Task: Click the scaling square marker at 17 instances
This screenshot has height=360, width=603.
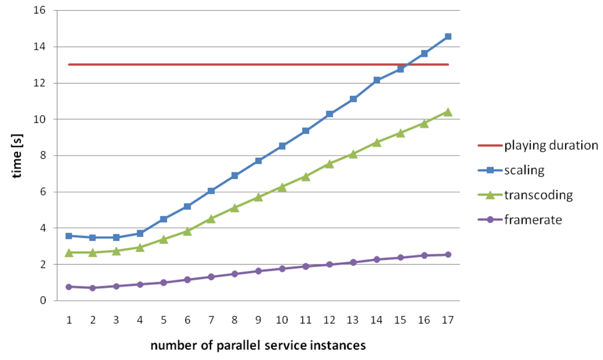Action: (447, 37)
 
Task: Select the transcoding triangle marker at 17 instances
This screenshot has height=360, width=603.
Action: (447, 112)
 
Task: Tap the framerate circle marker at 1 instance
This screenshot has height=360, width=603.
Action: (69, 287)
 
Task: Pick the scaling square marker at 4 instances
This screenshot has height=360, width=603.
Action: (140, 233)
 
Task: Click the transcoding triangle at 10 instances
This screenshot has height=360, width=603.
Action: (282, 187)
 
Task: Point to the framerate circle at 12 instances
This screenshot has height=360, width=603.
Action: (329, 264)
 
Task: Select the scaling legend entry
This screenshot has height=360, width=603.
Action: (524, 171)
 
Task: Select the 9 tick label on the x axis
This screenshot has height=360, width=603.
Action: (258, 320)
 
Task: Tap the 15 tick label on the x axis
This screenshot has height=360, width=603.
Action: (400, 320)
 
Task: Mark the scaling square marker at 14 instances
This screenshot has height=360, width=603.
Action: (376, 80)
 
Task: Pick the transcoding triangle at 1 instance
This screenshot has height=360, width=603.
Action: (69, 253)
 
